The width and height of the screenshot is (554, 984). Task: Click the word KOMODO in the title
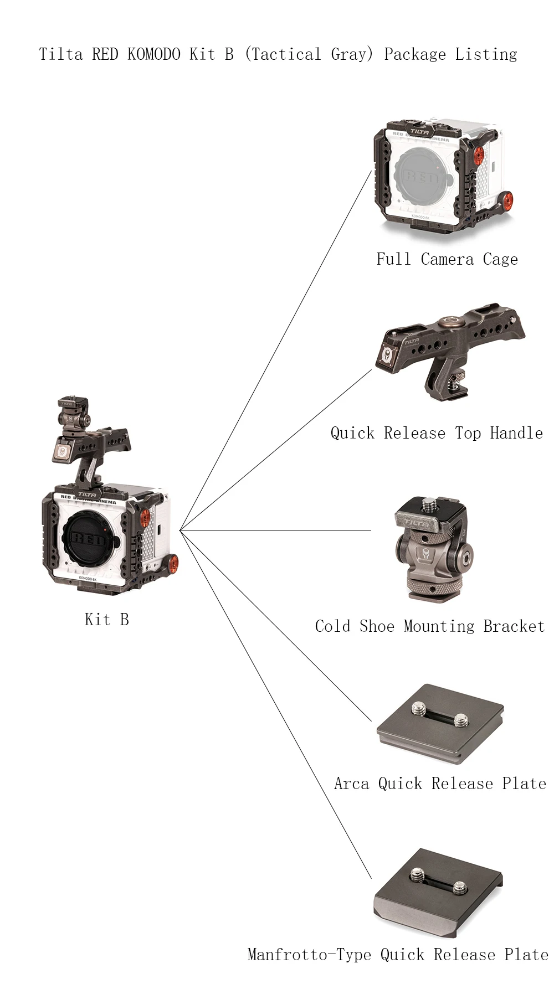(153, 54)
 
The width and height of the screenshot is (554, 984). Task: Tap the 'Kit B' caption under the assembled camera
(107, 619)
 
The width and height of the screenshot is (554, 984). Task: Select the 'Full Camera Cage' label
(447, 259)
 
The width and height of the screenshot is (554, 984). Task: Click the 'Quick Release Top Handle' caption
(437, 433)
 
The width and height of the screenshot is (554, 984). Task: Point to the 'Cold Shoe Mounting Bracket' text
(430, 626)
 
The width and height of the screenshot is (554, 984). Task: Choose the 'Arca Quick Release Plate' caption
(440, 784)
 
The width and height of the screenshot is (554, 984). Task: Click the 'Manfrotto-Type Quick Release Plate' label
(398, 955)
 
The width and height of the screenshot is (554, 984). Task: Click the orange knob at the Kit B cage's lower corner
(172, 564)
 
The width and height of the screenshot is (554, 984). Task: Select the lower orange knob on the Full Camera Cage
(505, 200)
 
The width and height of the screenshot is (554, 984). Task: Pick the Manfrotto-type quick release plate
(438, 892)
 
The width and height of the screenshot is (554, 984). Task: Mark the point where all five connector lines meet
(180, 530)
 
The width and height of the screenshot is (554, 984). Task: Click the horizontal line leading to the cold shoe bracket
(277, 530)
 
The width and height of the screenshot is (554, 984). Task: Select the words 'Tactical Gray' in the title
(309, 54)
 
